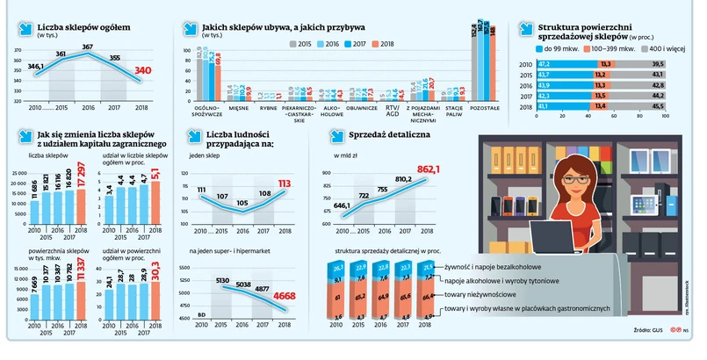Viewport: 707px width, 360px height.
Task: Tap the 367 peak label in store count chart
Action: pos(88,47)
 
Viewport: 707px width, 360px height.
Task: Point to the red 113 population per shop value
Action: pos(285,184)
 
